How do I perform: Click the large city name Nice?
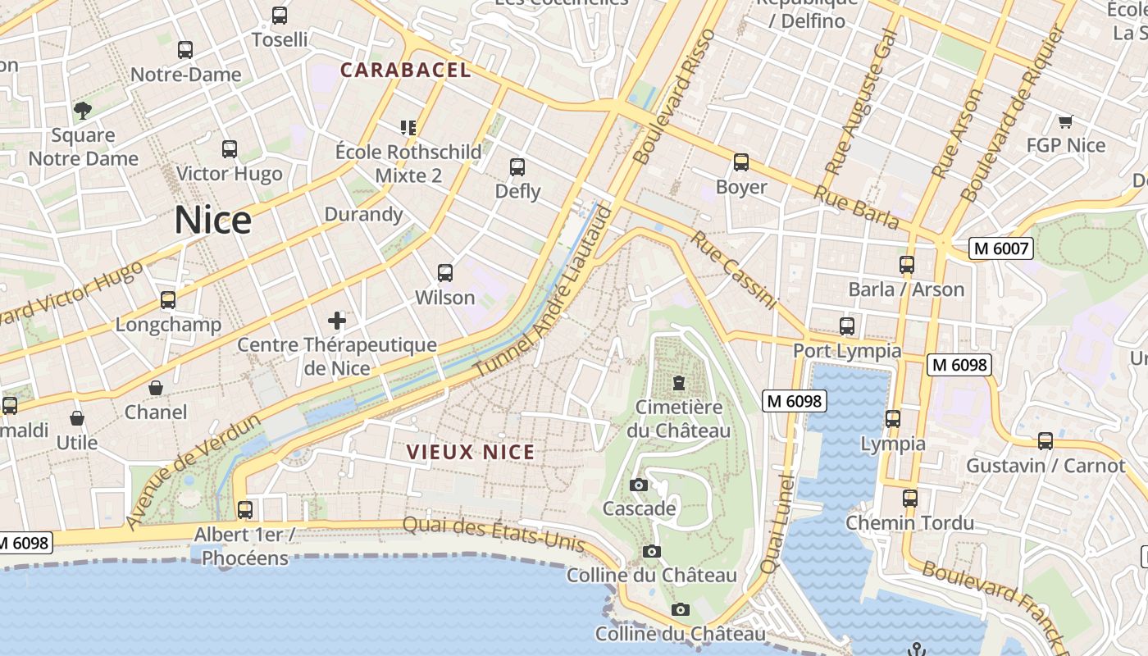click(212, 221)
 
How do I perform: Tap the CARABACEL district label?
click(406, 71)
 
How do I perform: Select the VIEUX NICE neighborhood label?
click(471, 452)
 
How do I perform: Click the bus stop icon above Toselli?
click(280, 16)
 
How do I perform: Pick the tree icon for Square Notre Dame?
click(82, 110)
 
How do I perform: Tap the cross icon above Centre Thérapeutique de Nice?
click(337, 320)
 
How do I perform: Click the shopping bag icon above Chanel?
click(156, 387)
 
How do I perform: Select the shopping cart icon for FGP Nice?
click(1065, 121)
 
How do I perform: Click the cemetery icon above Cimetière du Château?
click(678, 382)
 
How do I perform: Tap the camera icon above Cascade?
click(639, 485)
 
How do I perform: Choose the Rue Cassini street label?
click(733, 270)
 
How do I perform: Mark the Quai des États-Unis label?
click(494, 534)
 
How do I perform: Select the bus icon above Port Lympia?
click(847, 326)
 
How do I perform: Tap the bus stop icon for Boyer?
click(741, 162)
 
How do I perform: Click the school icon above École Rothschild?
click(408, 127)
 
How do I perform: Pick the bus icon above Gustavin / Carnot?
click(1045, 441)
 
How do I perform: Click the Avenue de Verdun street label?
click(194, 471)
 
